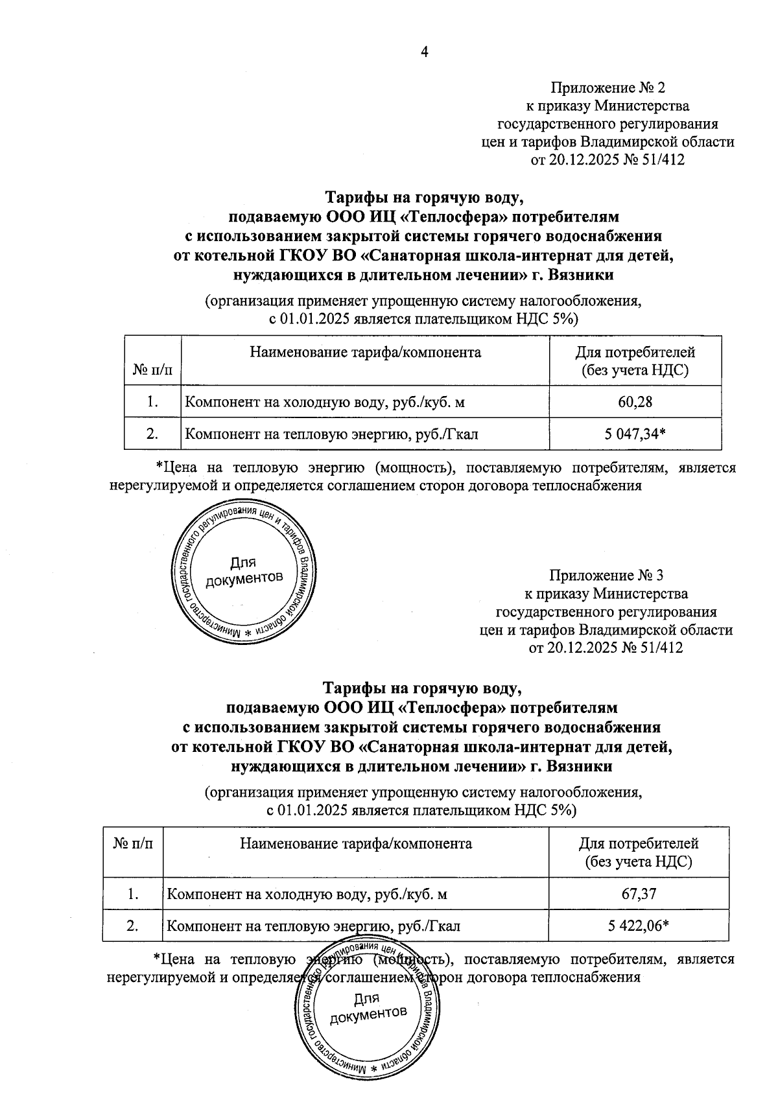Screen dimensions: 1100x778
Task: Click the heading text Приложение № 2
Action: (x=607, y=88)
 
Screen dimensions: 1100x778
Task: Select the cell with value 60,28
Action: (x=635, y=402)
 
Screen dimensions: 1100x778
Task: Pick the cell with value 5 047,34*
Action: (x=635, y=434)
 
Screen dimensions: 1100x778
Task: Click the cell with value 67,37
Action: (x=639, y=895)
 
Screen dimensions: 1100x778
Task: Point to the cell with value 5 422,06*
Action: (x=638, y=926)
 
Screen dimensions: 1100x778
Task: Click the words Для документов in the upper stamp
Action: (x=244, y=570)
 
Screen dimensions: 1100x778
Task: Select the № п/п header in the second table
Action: (x=133, y=843)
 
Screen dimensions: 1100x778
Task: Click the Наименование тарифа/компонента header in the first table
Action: (x=365, y=353)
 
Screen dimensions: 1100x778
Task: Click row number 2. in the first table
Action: (x=153, y=434)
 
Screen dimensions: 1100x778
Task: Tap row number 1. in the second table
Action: (x=133, y=895)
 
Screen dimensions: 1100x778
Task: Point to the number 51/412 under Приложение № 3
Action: (x=661, y=647)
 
